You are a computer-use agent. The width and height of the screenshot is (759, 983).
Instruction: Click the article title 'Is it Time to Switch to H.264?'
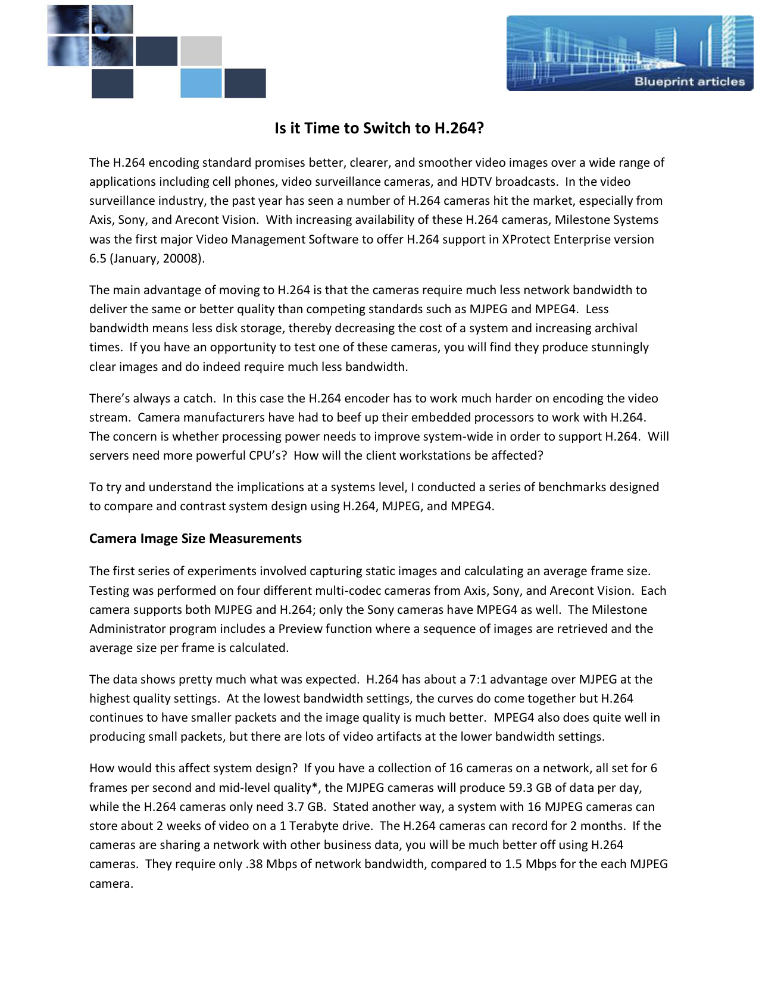(x=379, y=128)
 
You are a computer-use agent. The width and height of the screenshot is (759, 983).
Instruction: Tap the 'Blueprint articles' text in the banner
(x=689, y=82)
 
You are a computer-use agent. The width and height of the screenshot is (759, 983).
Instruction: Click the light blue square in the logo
(x=201, y=83)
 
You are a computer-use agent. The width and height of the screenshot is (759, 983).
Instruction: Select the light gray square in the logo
(x=201, y=51)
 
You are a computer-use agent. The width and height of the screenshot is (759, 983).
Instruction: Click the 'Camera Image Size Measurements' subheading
(x=195, y=538)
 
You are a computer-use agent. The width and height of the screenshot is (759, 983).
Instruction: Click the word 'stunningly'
(x=618, y=347)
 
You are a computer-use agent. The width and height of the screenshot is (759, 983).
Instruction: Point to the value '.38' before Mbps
(x=254, y=864)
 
